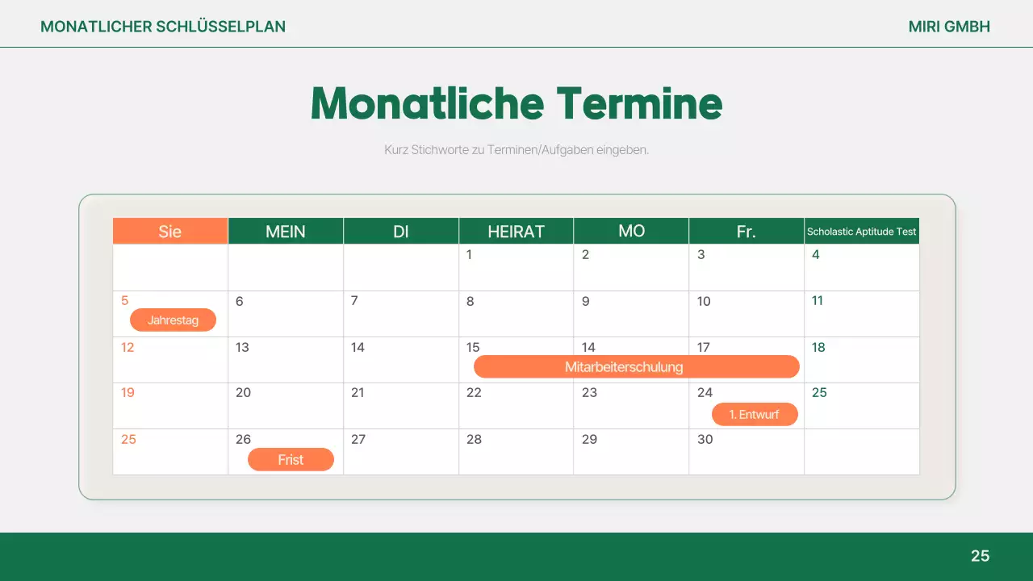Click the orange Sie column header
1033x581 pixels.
[170, 232]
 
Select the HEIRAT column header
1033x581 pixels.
[516, 232]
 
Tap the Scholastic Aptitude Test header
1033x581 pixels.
[862, 232]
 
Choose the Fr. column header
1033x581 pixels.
[747, 232]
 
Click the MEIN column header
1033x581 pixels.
[286, 232]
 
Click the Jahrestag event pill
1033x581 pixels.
[173, 320]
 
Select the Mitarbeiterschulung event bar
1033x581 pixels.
[636, 367]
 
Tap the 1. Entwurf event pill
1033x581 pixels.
[755, 415]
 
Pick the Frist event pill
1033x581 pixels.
[291, 460]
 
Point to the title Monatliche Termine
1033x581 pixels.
[516, 103]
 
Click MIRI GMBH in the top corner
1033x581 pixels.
[949, 27]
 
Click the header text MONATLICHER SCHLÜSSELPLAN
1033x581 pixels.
[163, 27]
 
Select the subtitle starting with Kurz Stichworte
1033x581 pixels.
[516, 150]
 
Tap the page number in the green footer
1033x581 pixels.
[980, 556]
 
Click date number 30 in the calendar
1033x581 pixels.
[705, 440]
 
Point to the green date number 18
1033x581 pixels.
[818, 348]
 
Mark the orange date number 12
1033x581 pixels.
[128, 348]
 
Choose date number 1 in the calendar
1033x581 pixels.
[469, 255]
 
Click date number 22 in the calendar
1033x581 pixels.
[474, 393]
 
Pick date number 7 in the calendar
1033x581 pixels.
[354, 301]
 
